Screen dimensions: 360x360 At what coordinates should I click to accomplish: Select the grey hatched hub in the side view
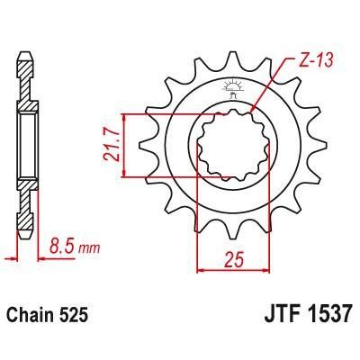click(x=26, y=144)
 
